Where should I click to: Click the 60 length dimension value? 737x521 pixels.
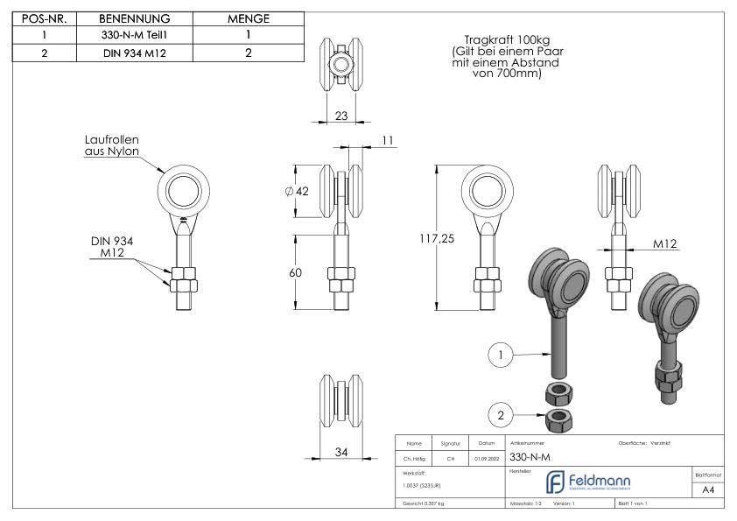coord(295,272)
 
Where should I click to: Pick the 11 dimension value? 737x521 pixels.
coord(389,139)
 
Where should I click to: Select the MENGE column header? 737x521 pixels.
coord(248,19)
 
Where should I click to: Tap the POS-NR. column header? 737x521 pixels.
coord(43,19)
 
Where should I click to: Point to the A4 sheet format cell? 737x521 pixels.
coord(709,489)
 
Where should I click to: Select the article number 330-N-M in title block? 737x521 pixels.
coord(531,457)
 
